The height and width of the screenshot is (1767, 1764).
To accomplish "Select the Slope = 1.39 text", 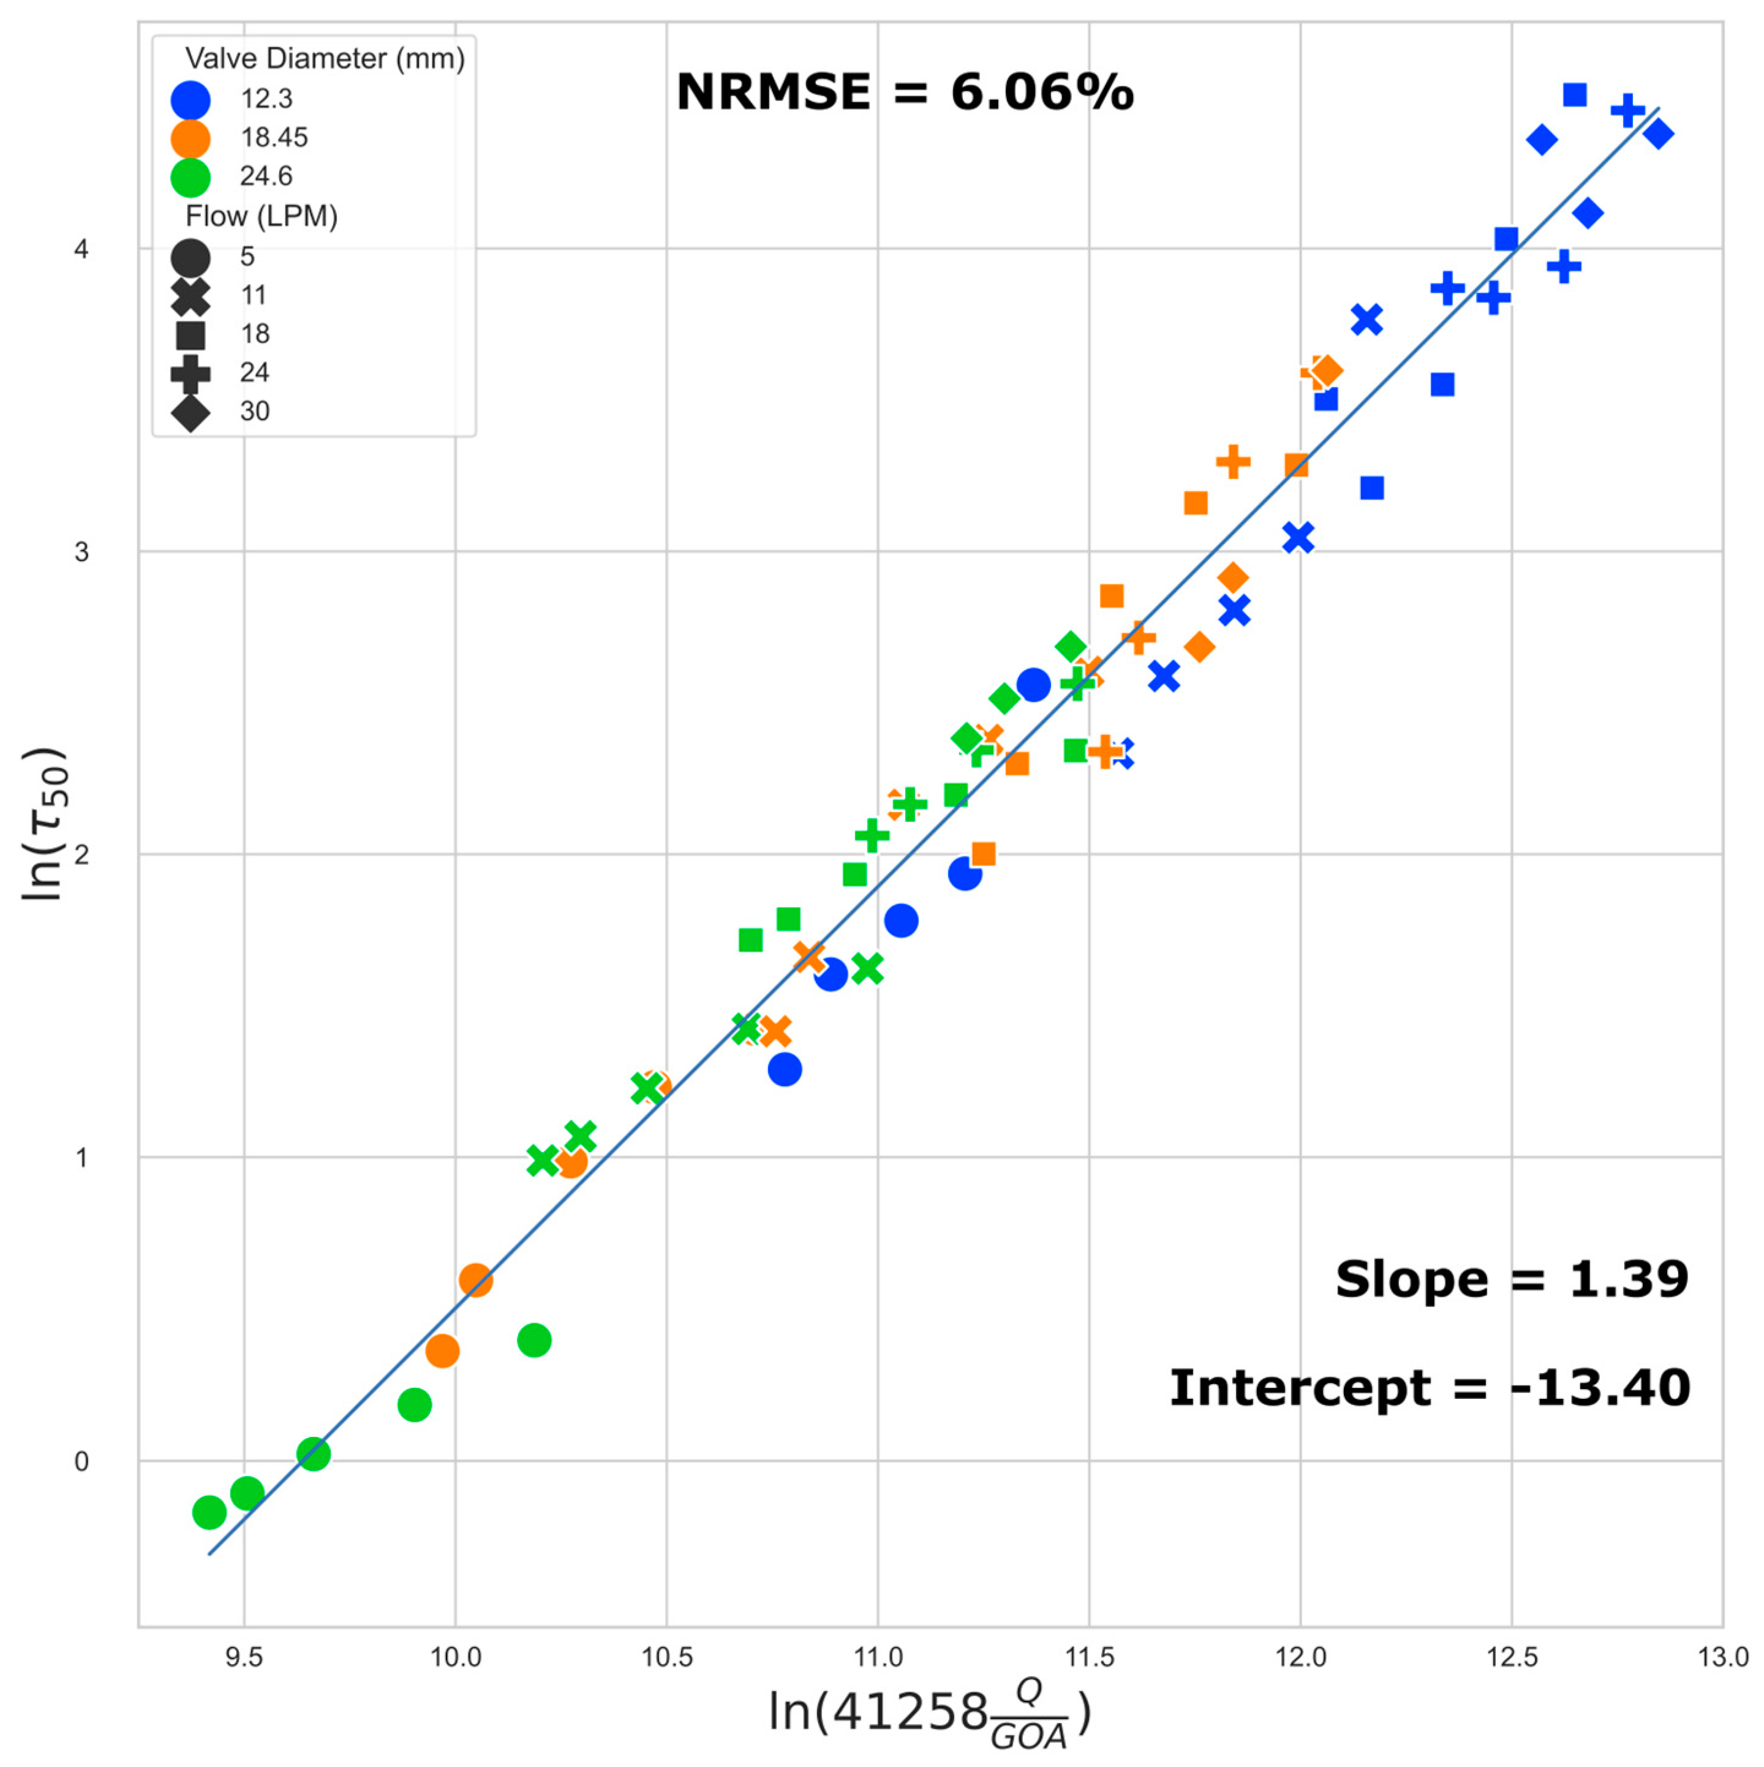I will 1510,1279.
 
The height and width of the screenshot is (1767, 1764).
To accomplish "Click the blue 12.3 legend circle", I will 190,100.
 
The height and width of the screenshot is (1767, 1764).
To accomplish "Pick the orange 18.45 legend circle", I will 190,138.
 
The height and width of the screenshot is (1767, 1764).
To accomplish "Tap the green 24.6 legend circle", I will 190,178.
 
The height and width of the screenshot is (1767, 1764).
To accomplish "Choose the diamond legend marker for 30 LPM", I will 190,412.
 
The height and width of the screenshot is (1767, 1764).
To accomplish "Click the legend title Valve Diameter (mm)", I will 325,59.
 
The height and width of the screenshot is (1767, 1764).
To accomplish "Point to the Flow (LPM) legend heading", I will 262,217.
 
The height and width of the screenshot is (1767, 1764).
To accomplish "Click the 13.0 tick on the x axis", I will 1722,1657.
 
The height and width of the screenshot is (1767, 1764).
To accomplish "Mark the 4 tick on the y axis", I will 81,249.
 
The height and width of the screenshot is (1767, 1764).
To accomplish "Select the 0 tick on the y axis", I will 81,1461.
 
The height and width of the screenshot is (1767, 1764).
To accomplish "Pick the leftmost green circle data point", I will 209,1513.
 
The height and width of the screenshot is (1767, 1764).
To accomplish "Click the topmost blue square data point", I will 1574,95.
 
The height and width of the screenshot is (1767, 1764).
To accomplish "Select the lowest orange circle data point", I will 442,1351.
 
